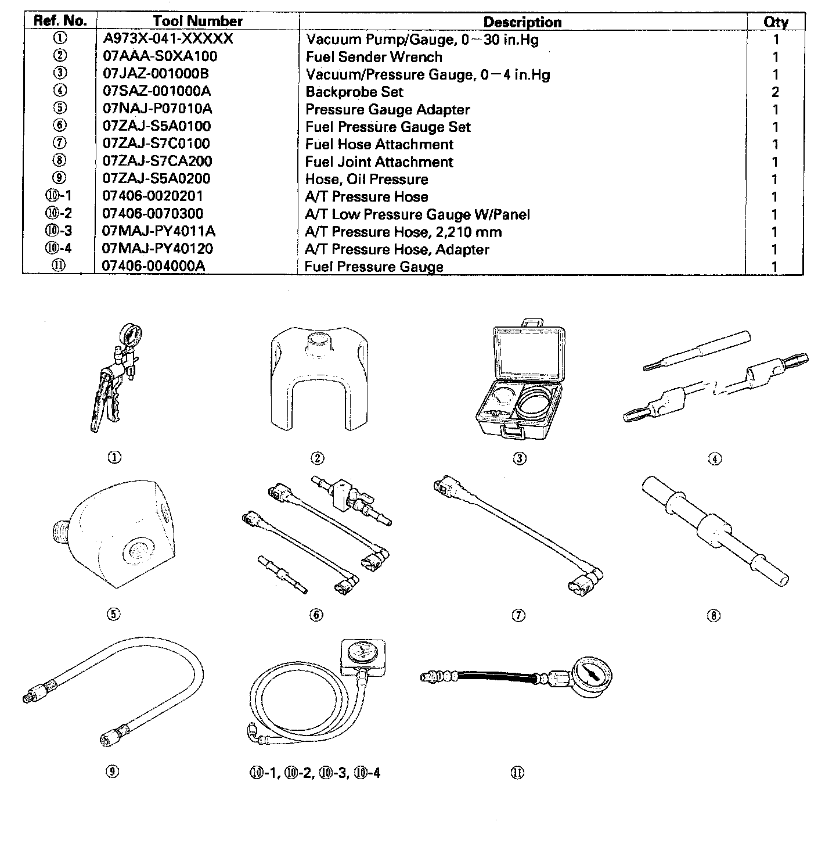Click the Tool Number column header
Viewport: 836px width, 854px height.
click(x=197, y=21)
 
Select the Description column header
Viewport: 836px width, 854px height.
click(x=522, y=23)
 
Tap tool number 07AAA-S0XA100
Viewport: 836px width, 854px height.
click(x=160, y=56)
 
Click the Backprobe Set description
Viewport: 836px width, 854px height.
click(x=354, y=92)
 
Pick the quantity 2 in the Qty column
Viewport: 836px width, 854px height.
click(x=775, y=92)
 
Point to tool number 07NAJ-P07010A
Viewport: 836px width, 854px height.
click(x=157, y=109)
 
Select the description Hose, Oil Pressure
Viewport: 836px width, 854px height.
click(x=366, y=179)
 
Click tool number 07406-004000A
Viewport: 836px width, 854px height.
click(x=154, y=266)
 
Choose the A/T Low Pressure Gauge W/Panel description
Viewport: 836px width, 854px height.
click(x=417, y=214)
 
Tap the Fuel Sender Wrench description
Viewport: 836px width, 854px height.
click(x=374, y=57)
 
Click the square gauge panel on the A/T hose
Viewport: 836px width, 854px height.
click(x=363, y=657)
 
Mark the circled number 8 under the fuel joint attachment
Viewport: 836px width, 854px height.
click(x=714, y=616)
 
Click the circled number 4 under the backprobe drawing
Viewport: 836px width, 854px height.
click(x=715, y=459)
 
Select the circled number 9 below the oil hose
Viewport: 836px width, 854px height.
click(x=113, y=772)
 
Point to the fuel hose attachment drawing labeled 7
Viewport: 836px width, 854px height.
click(x=518, y=534)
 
